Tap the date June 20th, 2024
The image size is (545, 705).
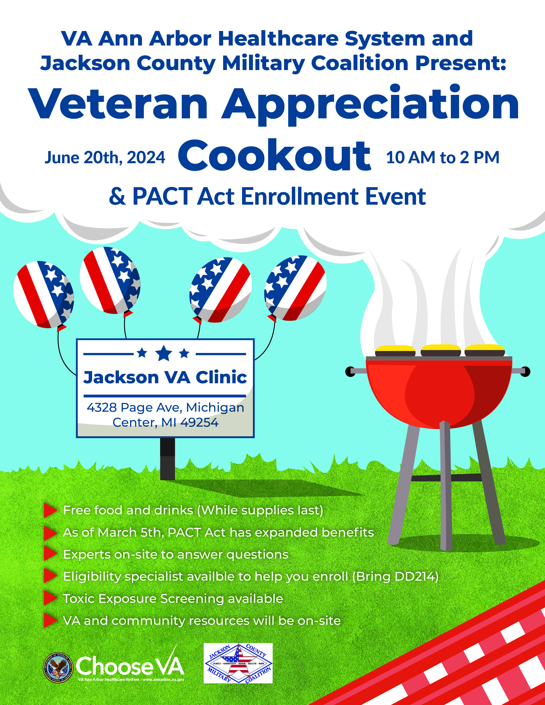click(x=105, y=157)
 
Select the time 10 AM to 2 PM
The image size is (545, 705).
click(x=443, y=157)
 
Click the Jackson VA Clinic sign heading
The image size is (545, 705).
click(x=165, y=377)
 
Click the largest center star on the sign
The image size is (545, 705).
click(x=164, y=353)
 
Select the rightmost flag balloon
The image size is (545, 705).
click(x=295, y=288)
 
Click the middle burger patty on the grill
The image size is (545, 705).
click(x=440, y=350)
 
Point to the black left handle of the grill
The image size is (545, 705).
click(x=350, y=372)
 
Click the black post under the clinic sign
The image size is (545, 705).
click(x=168, y=459)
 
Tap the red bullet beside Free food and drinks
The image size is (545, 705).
click(x=50, y=510)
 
